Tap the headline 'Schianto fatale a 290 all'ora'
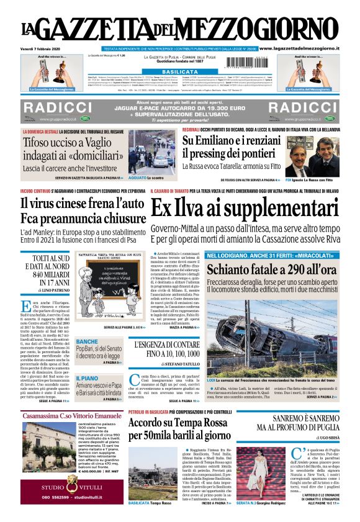271,270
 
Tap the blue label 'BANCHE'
87,342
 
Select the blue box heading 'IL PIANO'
86,377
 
